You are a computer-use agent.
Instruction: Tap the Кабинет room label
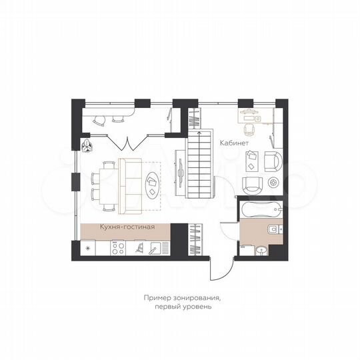coord(235,143)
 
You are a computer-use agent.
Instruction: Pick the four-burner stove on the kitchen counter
coord(119,248)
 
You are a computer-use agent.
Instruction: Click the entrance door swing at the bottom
coord(217,269)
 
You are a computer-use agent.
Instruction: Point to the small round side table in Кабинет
coord(273,183)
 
